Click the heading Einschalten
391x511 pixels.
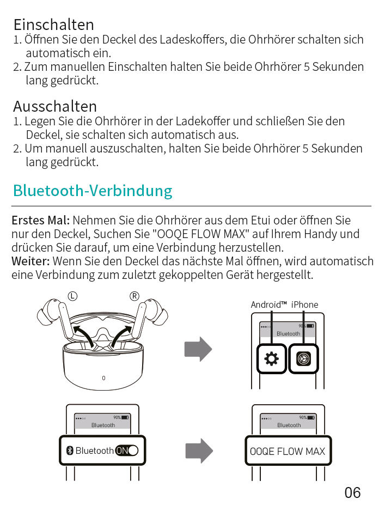tap(54, 25)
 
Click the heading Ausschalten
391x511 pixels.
tap(55, 106)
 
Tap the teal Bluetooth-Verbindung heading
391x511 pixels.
tap(93, 191)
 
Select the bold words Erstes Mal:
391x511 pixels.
tap(41, 220)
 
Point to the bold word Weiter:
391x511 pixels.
tap(30, 261)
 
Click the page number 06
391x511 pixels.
tap(352, 492)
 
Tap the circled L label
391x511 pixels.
tap(72, 296)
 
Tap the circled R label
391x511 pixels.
tap(135, 296)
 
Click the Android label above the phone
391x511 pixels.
tap(268, 305)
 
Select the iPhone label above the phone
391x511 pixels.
tap(304, 305)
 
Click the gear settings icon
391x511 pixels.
tap(271, 359)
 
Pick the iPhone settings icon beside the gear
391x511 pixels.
tap(303, 359)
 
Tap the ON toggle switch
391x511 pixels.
tap(127, 451)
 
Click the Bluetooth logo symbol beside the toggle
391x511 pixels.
tap(70, 451)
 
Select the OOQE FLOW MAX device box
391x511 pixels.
tap(288, 451)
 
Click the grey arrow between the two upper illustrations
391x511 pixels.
tap(198, 349)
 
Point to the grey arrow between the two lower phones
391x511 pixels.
tap(199, 451)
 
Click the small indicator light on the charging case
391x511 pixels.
tap(103, 379)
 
